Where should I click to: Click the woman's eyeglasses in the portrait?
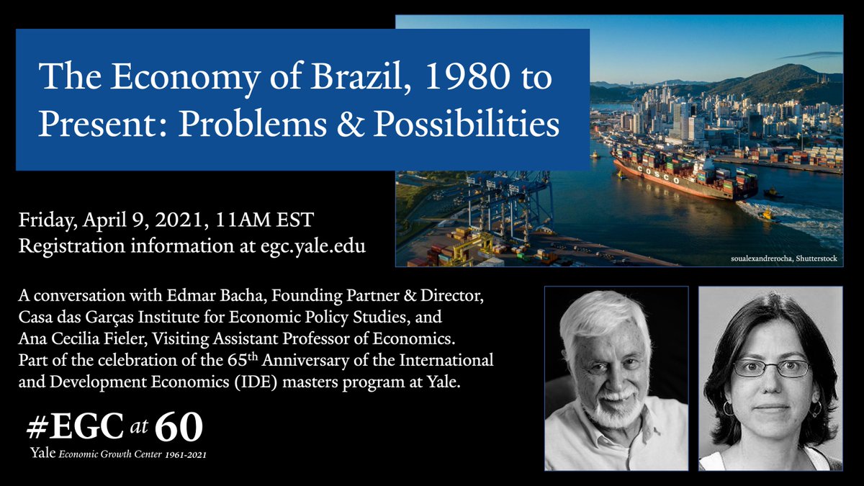pos(770,368)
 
